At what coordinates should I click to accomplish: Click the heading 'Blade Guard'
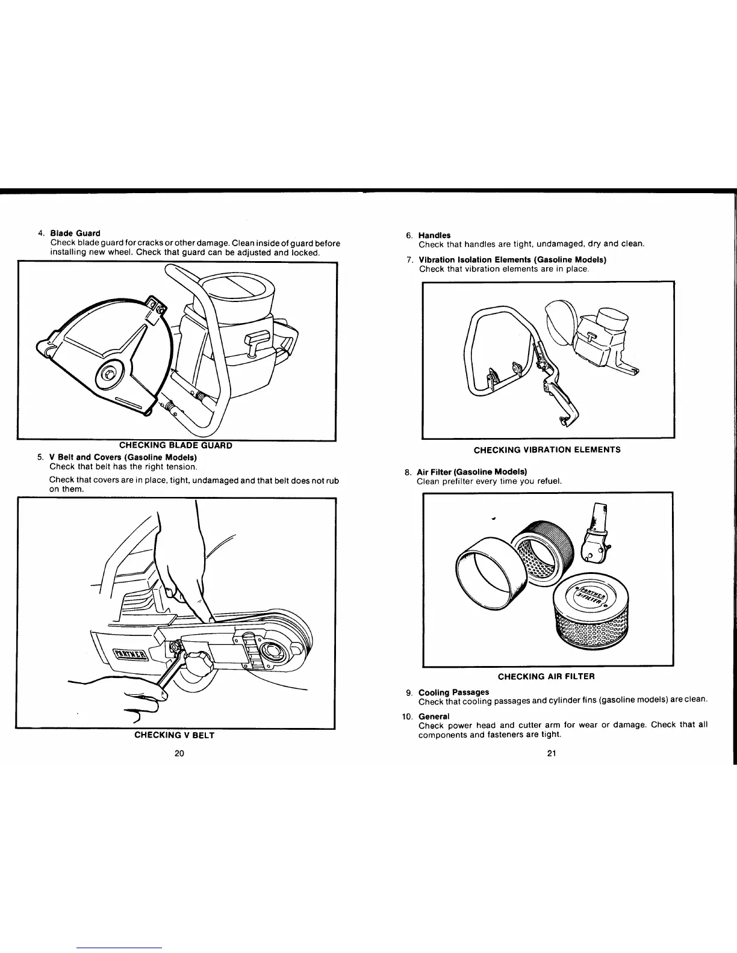(x=75, y=233)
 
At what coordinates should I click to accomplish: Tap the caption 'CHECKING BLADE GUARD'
(x=175, y=445)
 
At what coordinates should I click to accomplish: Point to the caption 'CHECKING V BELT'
(x=174, y=735)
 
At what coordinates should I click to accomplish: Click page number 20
(x=179, y=754)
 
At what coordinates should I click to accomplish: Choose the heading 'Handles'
(x=434, y=235)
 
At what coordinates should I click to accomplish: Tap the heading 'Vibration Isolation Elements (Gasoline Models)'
(x=512, y=259)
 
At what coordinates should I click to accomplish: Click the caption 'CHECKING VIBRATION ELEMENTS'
(x=547, y=449)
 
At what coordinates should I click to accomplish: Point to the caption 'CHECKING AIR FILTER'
(x=546, y=676)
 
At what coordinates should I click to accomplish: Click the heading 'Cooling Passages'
(x=453, y=692)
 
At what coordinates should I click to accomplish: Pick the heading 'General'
(x=434, y=716)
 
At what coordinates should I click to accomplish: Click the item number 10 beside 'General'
(x=407, y=716)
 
